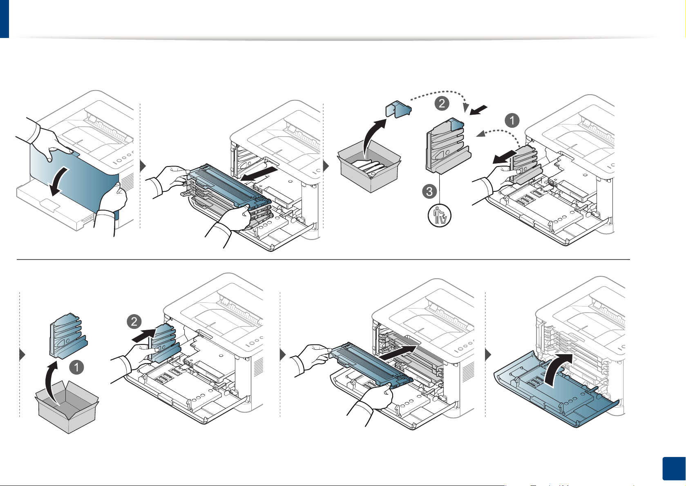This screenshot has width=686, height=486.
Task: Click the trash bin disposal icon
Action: pyautogui.click(x=440, y=215)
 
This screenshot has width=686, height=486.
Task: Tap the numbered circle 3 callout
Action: pyautogui.click(x=429, y=191)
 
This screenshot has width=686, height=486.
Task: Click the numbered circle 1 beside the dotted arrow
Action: pyautogui.click(x=512, y=120)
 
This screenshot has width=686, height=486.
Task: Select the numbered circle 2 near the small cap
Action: pyautogui.click(x=442, y=103)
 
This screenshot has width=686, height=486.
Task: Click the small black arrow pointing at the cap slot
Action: pyautogui.click(x=478, y=110)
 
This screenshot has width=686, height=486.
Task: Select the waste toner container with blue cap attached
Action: pyautogui.click(x=447, y=147)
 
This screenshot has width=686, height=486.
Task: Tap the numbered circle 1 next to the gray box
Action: pyautogui.click(x=76, y=367)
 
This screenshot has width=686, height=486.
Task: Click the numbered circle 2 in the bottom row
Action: pyautogui.click(x=134, y=322)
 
